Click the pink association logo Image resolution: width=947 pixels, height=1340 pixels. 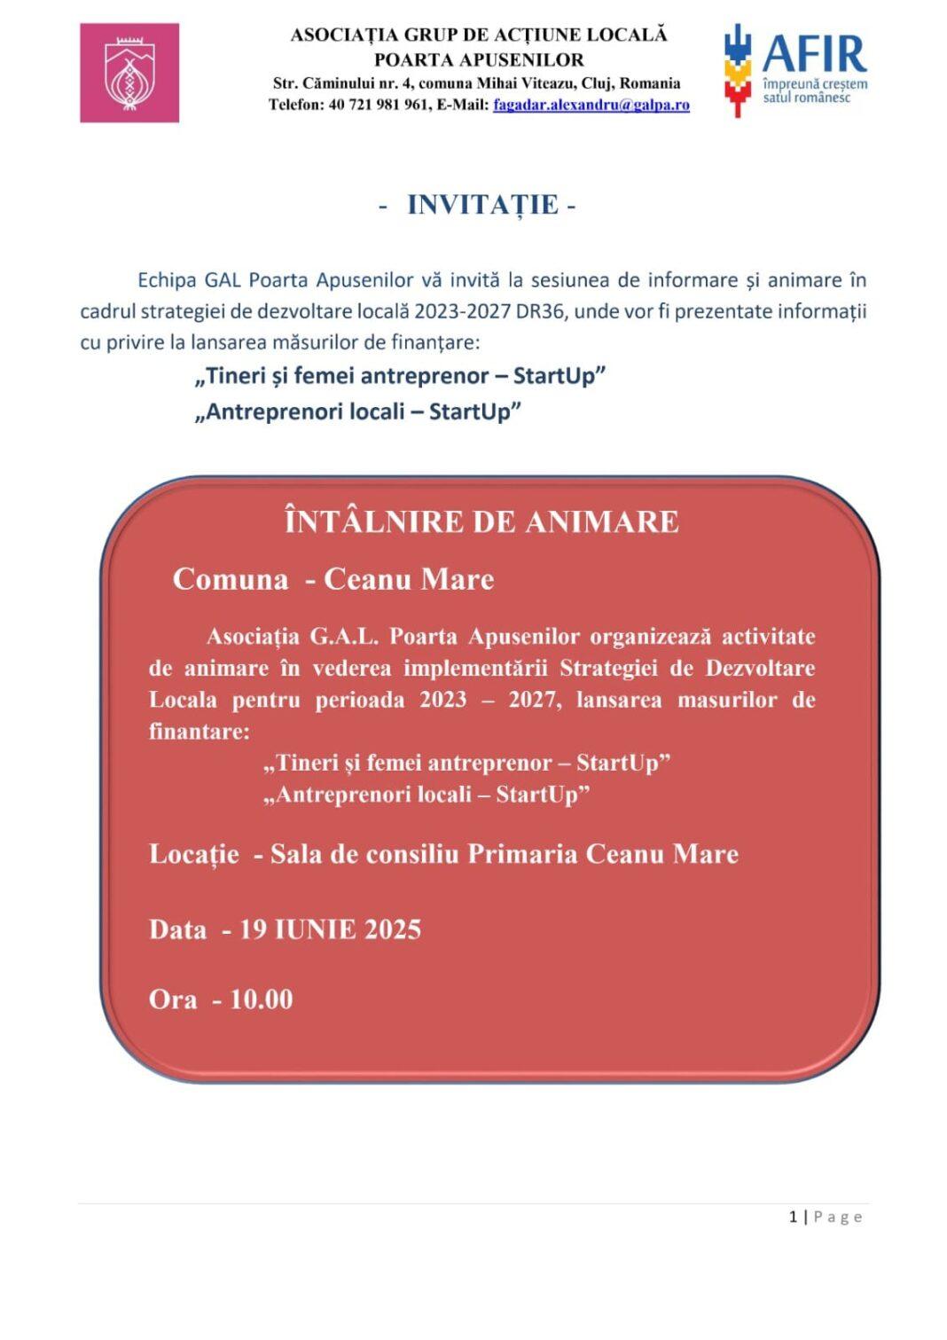coord(129,73)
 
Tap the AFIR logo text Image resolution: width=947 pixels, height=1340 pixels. coord(814,54)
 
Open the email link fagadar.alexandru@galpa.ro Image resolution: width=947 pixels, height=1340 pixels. coord(591,105)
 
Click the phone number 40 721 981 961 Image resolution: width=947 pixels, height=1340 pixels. coord(379,105)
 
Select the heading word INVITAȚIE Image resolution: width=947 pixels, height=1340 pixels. coord(482,205)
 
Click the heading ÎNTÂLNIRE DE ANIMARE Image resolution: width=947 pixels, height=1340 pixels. coord(481,521)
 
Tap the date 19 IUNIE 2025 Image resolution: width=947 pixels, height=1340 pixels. coord(330,929)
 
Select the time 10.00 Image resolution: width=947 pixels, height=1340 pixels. coord(261,999)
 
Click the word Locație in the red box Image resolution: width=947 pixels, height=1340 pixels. coord(193,854)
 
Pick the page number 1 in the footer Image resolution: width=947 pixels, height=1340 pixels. coord(793,1217)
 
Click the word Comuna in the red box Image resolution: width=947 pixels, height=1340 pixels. coord(231,579)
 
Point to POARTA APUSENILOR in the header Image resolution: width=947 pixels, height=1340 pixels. coord(479,59)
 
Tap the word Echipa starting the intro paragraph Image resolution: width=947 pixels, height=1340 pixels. coord(167,280)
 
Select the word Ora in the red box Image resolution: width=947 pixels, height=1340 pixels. coord(172,999)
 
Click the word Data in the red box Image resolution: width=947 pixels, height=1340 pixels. coord(177,929)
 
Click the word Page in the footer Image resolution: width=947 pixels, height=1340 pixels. coord(838,1217)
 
